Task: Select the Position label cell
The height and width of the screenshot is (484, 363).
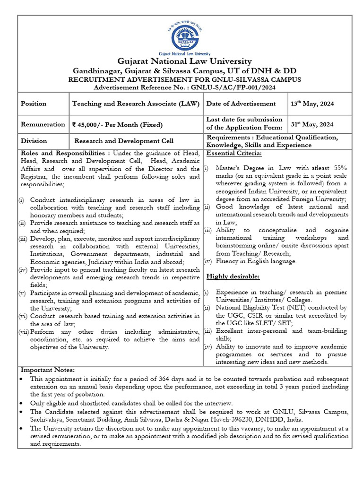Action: click(33, 104)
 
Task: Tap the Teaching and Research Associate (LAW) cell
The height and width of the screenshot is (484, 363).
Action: click(136, 104)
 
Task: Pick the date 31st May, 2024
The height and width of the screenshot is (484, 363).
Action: click(312, 124)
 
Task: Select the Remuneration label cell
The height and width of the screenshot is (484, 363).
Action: click(43, 124)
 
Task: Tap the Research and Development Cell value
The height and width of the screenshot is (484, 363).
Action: click(124, 141)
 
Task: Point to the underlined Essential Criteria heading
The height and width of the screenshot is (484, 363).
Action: click(234, 153)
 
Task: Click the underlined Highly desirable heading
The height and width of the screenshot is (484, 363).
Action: click(233, 277)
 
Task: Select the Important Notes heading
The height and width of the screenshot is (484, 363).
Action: click(47, 370)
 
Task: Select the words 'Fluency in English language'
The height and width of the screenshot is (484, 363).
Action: click(256, 261)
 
